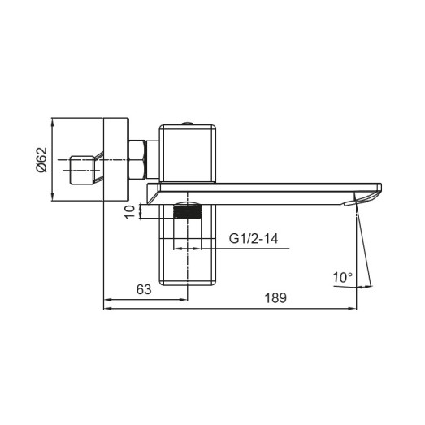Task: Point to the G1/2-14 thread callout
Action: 254,239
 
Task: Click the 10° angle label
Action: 343,278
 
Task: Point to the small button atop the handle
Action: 188,123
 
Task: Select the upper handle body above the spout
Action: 188,153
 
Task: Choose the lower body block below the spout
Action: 188,252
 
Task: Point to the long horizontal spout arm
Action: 260,189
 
